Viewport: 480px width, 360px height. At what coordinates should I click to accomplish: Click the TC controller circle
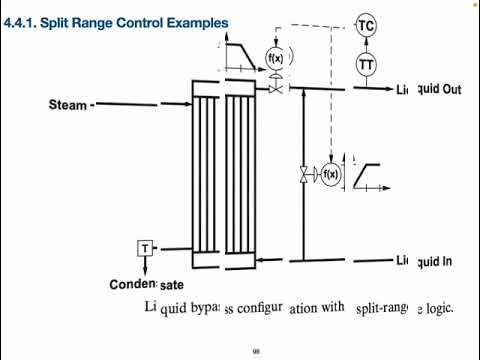366,27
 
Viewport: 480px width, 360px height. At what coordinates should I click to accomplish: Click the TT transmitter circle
366,64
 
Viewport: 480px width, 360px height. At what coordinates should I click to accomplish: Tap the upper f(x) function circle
275,58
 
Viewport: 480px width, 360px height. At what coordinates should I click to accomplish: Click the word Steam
67,104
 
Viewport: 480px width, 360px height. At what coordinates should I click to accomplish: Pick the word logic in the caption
435,307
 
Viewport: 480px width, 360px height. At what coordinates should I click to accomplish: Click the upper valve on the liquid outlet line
275,89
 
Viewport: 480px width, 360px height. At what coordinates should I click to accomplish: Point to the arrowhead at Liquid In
393,261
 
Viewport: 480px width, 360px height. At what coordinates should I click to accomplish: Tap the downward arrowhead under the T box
144,267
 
